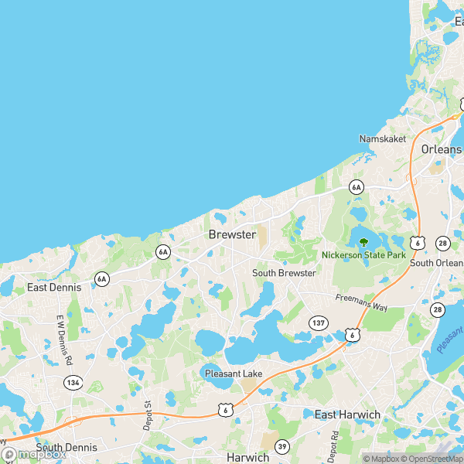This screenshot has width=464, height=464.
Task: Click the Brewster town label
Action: (x=232, y=234)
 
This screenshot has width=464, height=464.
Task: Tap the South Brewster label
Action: (x=284, y=273)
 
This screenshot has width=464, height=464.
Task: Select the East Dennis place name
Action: (x=54, y=287)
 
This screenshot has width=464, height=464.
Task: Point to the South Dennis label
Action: (x=67, y=448)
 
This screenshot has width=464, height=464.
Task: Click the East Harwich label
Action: (x=347, y=415)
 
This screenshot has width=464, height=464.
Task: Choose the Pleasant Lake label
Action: (x=234, y=374)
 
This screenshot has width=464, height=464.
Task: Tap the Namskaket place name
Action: (x=381, y=138)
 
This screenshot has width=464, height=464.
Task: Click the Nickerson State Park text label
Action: (x=363, y=254)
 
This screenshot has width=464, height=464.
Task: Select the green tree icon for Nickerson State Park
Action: (x=363, y=242)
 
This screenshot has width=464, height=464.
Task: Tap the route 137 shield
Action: (x=318, y=321)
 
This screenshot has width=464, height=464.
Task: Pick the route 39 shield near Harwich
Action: (x=283, y=446)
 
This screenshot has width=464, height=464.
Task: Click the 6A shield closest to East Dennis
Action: (x=102, y=278)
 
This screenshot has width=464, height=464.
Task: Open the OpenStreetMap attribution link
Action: (x=430, y=459)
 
